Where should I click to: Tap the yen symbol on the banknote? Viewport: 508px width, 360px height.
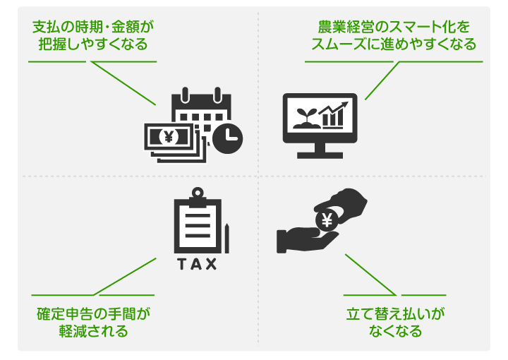tap(169, 135)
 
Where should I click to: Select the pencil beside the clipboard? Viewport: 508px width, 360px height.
tap(228, 237)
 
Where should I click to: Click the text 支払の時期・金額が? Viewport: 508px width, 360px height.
tap(93, 28)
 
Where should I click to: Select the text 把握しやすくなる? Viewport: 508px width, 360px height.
tap(93, 44)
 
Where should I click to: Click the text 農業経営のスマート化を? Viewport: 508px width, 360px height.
tap(394, 28)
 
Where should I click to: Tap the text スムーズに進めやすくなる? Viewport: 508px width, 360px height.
tap(394, 44)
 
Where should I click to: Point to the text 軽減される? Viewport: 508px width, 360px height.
tap(93, 330)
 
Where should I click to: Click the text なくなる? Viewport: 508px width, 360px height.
tap(396, 330)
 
